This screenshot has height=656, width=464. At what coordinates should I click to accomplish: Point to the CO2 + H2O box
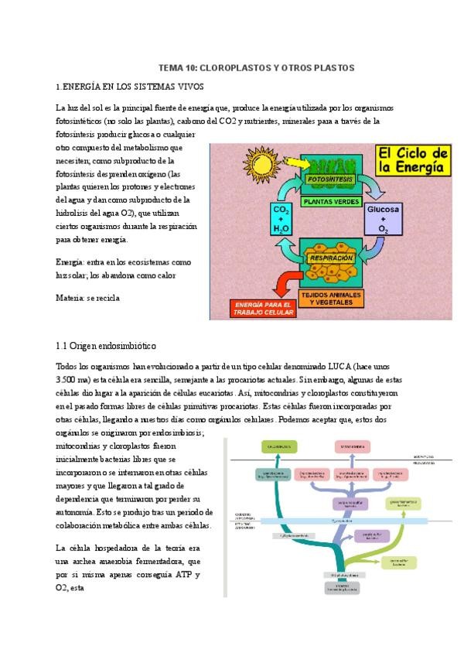click(x=281, y=219)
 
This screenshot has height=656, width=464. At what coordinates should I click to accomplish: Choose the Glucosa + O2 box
click(x=384, y=219)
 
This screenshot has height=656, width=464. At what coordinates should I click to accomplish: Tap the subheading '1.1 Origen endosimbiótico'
click(x=107, y=345)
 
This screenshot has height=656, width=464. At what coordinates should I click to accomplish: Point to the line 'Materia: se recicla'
click(x=88, y=297)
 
